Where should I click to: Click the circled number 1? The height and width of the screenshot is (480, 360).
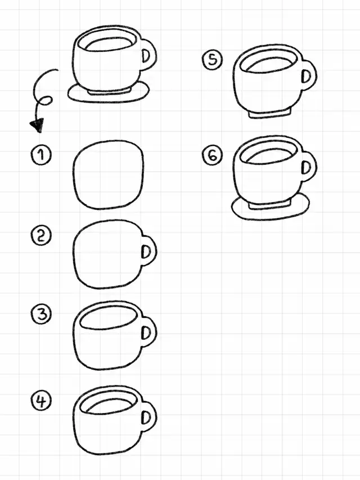click(41, 155)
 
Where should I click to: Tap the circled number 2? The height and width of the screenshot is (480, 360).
click(41, 236)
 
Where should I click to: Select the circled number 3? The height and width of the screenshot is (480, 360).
click(41, 315)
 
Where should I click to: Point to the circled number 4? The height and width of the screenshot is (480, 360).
click(41, 401)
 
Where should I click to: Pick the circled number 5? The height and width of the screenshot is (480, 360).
click(212, 60)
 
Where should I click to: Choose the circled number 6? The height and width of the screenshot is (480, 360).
click(212, 155)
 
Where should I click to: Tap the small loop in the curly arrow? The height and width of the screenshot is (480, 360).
click(44, 101)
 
